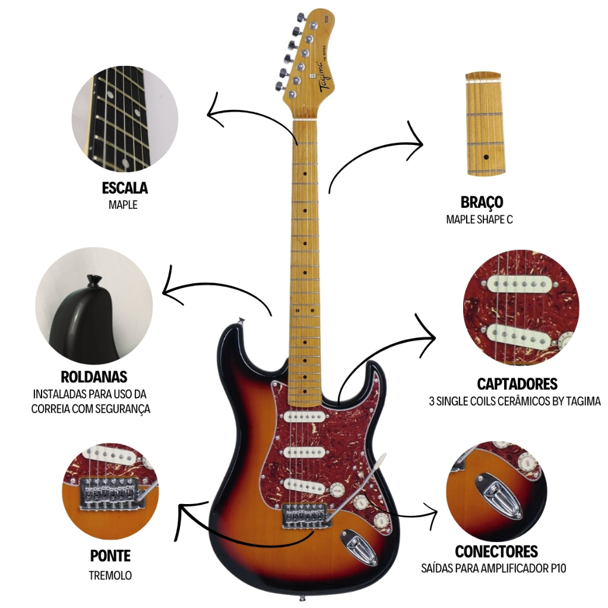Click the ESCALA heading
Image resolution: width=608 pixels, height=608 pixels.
pyautogui.click(x=125, y=189)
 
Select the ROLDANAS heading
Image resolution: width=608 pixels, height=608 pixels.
pyautogui.click(x=94, y=377)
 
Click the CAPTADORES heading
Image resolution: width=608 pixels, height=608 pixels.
pyautogui.click(x=517, y=383)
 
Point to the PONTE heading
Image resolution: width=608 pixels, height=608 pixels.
pyautogui.click(x=110, y=556)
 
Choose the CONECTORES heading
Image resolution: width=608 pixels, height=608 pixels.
pyautogui.click(x=496, y=552)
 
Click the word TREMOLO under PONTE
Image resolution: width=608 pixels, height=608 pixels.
pyautogui.click(x=110, y=575)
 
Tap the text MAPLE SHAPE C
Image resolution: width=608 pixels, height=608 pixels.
pyautogui.click(x=479, y=219)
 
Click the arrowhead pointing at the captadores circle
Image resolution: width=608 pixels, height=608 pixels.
pyautogui.click(x=430, y=339)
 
